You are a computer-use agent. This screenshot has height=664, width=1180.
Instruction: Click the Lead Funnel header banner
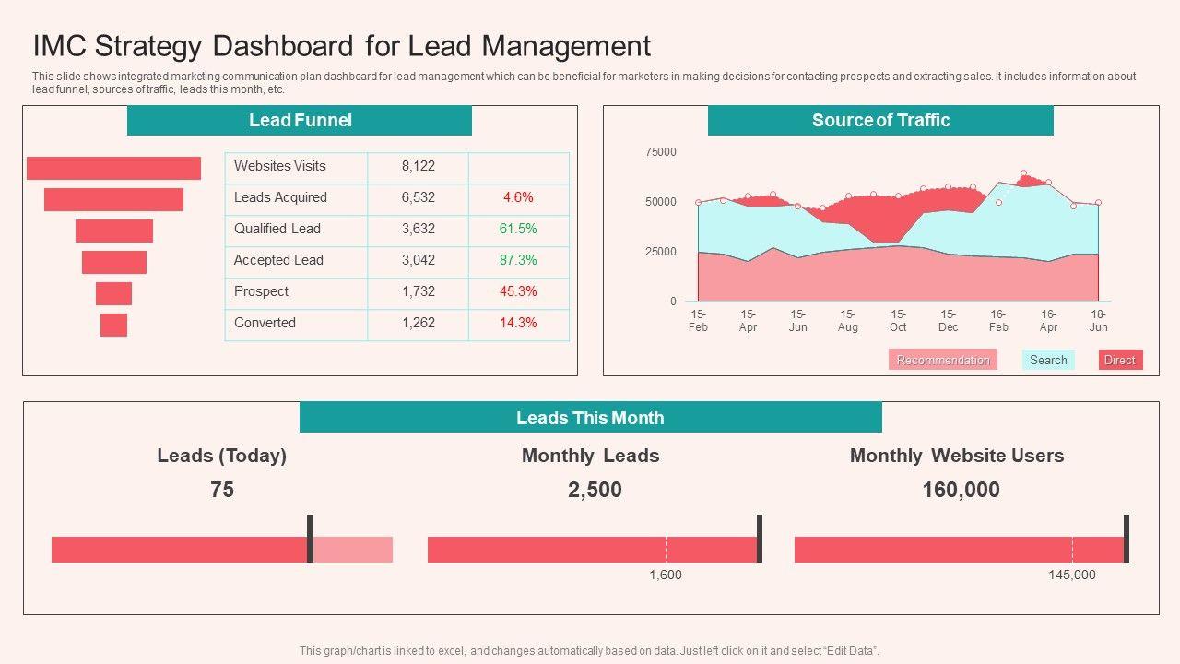(x=300, y=121)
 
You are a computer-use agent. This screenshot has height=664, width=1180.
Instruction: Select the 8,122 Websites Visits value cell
(x=418, y=167)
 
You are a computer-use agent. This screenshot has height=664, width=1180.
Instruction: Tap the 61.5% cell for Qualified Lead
(x=518, y=230)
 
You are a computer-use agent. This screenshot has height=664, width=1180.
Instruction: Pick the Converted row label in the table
(x=265, y=324)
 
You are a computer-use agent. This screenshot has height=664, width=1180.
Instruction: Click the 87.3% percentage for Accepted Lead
(x=518, y=261)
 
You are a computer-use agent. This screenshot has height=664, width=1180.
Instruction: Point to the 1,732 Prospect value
(x=418, y=292)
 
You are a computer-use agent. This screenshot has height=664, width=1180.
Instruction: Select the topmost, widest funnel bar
(x=113, y=168)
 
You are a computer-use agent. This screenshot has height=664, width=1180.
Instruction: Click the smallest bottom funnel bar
(x=113, y=325)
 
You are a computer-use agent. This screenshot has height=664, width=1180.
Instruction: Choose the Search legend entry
(x=1048, y=361)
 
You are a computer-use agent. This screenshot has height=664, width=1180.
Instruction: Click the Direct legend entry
(x=1119, y=361)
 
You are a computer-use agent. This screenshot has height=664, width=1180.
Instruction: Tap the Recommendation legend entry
(x=942, y=361)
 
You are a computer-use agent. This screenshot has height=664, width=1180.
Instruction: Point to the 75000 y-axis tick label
(x=660, y=152)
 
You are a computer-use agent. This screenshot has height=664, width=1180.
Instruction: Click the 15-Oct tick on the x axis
(x=898, y=321)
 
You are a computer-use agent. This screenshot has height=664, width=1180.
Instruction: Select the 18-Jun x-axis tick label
(x=1098, y=321)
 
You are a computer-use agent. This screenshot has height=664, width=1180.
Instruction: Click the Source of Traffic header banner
(x=880, y=121)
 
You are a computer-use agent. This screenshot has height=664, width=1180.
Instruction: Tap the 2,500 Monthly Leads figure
(x=595, y=491)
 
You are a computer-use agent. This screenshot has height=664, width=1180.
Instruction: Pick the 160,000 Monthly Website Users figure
(x=961, y=491)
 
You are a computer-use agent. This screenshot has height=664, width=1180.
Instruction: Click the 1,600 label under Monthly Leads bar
(x=666, y=575)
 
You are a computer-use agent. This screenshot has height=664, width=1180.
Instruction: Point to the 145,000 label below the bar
(x=1072, y=575)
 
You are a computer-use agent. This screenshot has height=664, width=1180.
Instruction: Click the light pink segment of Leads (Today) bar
(x=353, y=550)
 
